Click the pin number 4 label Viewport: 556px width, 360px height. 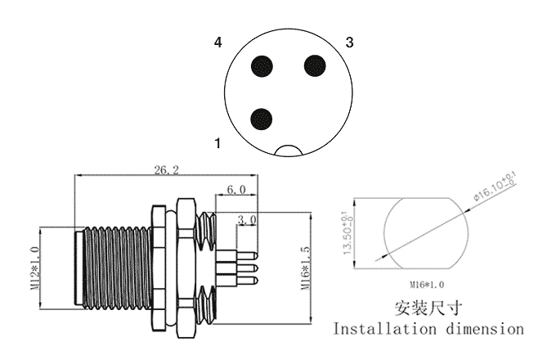pos(217,43)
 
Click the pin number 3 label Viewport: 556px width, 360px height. pos(349,43)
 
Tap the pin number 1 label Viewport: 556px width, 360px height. pos(217,143)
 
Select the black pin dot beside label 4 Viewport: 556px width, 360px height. pos(262,66)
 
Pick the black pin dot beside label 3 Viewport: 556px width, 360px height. pos(315,65)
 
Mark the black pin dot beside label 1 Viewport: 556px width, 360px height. pos(262,119)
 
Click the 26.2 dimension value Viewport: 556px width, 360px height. pos(166,170)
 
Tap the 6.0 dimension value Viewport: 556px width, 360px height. pos(235,190)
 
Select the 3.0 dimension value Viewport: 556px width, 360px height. pos(247,220)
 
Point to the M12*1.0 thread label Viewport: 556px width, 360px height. pos(34,268)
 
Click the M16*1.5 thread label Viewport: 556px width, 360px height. pos(305,268)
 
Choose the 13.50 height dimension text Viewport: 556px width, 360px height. pos(348,233)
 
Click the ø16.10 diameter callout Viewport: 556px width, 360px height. pos(495,187)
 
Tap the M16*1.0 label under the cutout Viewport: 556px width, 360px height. pos(427,285)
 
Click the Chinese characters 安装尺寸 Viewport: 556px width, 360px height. pos(428,308)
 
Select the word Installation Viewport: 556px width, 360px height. pos(384,329)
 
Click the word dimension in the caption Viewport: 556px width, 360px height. pos(485,329)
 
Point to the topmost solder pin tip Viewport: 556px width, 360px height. pos(257,255)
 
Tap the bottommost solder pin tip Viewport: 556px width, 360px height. pos(257,280)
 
